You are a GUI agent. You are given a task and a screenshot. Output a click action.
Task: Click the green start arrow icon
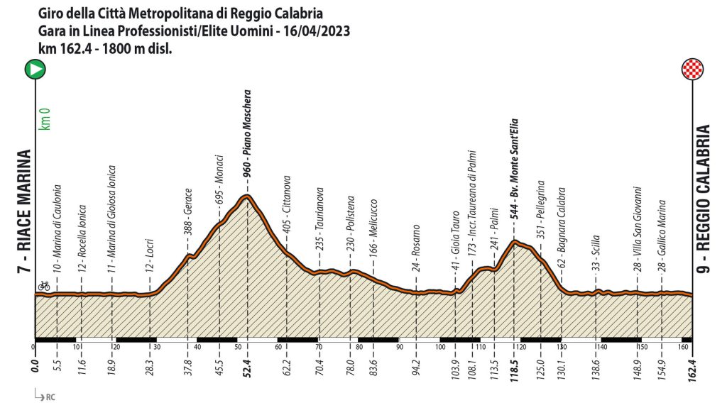35,70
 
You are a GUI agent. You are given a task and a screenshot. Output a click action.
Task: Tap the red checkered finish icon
692,70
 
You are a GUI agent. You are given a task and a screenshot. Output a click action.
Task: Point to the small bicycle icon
44,286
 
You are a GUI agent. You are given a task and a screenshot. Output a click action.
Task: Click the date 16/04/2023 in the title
312,31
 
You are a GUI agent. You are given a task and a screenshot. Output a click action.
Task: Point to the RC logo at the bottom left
44,396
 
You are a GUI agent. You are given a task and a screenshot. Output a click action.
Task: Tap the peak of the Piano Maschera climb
246,196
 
